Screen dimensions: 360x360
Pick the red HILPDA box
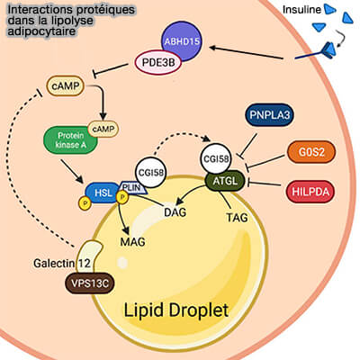click(x=308, y=191)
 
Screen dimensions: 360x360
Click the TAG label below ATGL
click(x=236, y=216)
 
